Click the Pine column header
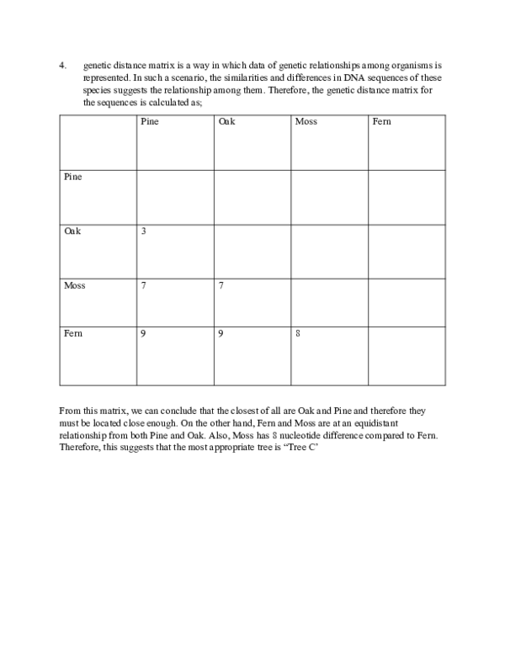150,122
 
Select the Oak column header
226,122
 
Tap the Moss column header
306,122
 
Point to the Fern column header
381,122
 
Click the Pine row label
73,177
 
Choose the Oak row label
72,231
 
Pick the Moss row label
74,285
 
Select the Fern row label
73,334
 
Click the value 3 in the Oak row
144,231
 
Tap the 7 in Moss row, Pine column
144,285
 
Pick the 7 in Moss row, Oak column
221,285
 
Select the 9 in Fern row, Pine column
144,334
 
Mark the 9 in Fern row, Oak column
221,334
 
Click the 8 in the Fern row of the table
298,334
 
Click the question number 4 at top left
61,65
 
